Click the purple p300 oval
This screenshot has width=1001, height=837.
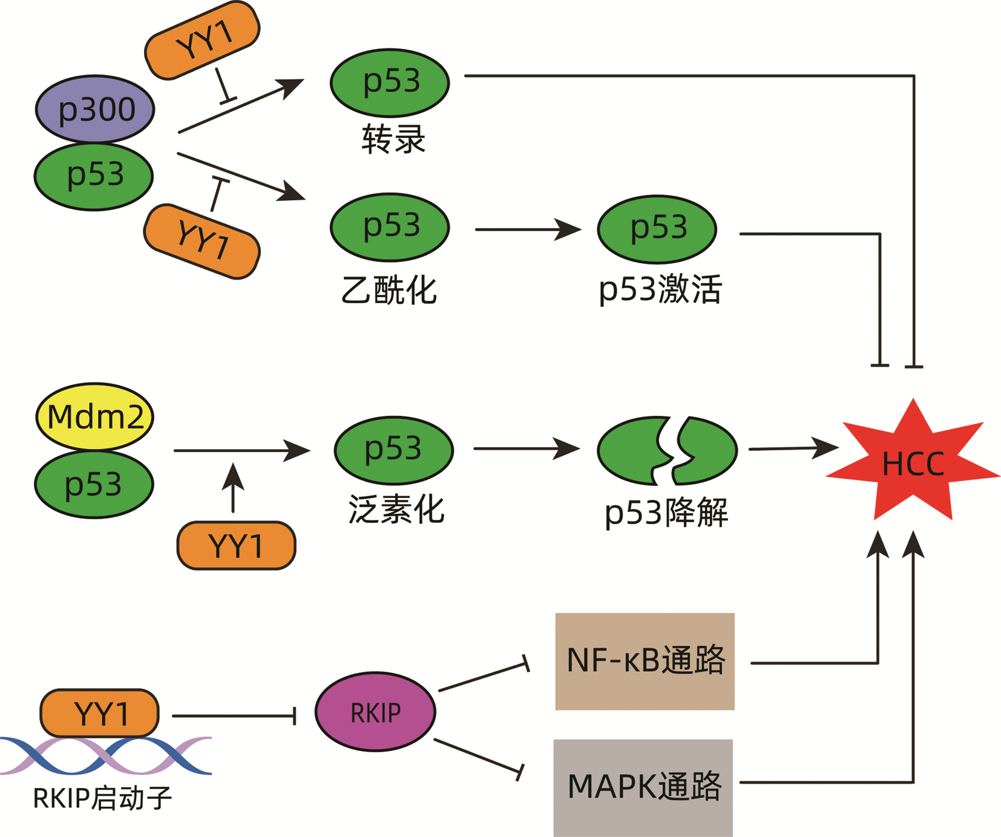95,110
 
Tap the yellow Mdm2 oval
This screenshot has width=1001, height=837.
95,416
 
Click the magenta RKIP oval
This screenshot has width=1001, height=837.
375,712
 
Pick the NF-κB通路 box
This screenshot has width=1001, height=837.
645,661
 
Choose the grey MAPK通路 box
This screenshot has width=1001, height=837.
643,787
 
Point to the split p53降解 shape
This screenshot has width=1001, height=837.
667,450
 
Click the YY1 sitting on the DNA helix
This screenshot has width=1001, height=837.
100,713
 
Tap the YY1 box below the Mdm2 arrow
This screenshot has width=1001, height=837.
236,546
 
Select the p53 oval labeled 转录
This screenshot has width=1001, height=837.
390,82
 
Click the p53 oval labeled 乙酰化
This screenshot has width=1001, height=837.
390,227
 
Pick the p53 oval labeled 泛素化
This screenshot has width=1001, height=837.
393,450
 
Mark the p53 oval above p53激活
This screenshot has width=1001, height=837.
657,229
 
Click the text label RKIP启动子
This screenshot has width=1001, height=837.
102,798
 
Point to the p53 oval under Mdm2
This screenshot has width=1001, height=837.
94,484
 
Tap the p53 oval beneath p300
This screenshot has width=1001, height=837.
94,176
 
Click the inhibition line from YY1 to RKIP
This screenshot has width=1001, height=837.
233,716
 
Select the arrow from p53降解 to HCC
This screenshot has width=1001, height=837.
793,448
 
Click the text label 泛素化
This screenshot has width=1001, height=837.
396,509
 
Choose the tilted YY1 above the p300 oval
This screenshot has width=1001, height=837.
202,40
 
